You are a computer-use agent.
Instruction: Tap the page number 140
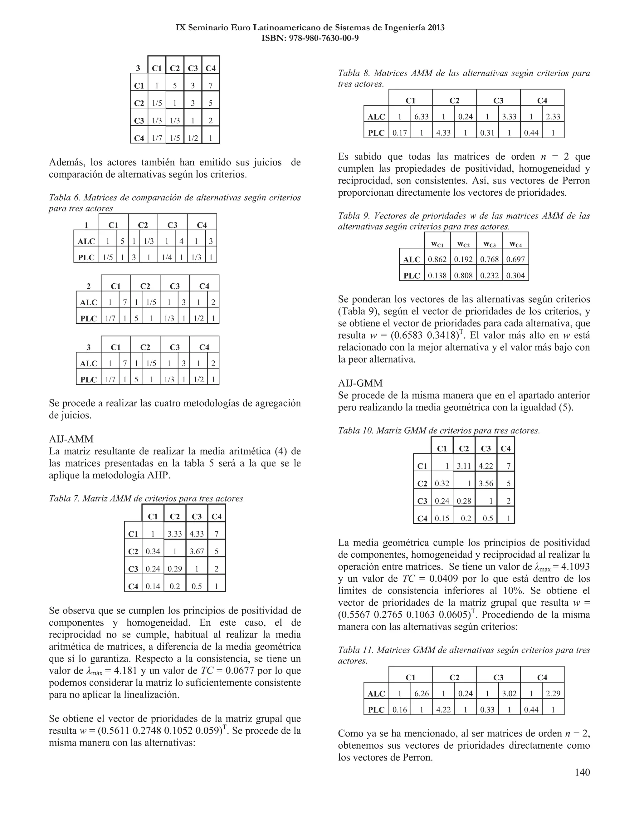(x=582, y=772)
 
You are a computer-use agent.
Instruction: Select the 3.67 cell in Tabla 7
(x=197, y=551)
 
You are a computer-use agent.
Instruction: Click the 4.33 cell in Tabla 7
(x=197, y=534)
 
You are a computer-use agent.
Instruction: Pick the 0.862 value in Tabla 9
(x=437, y=259)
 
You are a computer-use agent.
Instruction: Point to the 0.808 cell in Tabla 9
(x=463, y=276)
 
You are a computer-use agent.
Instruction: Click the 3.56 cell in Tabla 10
(x=486, y=483)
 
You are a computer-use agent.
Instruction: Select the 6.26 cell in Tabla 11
(x=421, y=694)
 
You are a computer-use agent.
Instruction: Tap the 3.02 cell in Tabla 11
(x=509, y=694)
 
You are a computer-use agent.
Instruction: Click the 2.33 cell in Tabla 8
(x=553, y=117)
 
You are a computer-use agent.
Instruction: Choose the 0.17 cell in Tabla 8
(x=399, y=133)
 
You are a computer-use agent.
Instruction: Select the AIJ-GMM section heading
(x=360, y=383)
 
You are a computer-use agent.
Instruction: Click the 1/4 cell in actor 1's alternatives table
(x=167, y=257)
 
